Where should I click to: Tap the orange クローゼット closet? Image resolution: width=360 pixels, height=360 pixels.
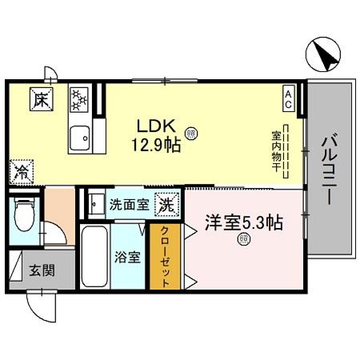[164, 256]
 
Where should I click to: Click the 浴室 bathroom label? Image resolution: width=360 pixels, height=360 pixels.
[128, 258]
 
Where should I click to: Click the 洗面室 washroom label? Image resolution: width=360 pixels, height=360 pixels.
[129, 204]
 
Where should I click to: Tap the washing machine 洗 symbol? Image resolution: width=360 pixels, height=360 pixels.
[167, 203]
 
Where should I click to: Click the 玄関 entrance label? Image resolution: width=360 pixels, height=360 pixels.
[42, 270]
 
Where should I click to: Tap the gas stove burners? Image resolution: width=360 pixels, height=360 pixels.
[81, 101]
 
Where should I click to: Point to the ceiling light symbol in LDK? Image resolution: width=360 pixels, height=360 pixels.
[191, 133]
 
